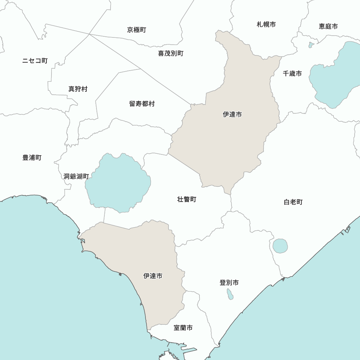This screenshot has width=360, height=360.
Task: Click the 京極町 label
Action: [136, 30]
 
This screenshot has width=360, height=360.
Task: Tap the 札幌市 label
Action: [266, 24]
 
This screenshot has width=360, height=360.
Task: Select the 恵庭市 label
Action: [328, 26]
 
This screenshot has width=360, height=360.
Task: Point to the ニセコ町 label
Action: [35, 60]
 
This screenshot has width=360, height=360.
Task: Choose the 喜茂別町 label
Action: [171, 53]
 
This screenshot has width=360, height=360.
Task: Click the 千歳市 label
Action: [292, 73]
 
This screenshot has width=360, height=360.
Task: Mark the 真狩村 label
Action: [78, 89]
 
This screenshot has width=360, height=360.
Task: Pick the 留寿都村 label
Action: [142, 104]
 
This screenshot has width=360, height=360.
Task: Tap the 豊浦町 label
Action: [32, 158]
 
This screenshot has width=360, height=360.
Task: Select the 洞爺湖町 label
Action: [76, 176]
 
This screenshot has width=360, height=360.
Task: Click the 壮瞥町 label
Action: [187, 199]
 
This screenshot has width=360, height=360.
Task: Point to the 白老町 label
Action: [293, 202]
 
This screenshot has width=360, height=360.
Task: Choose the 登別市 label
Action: [229, 283]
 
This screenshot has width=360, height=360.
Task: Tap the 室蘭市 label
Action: [183, 328]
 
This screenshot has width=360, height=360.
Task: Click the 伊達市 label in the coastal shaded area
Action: [153, 276]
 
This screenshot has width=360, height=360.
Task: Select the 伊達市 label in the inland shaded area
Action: [232, 114]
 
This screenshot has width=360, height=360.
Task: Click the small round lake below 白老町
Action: [280, 246]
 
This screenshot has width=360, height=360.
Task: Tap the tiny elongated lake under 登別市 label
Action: [230, 294]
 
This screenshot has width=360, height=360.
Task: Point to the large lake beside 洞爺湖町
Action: [118, 182]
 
